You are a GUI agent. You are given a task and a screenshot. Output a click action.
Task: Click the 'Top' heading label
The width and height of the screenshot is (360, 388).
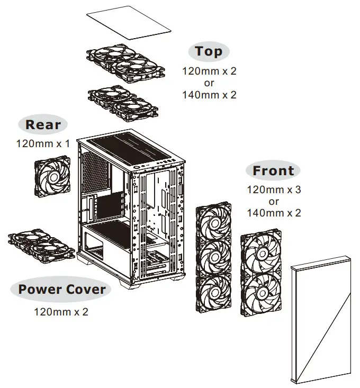[x=209, y=51]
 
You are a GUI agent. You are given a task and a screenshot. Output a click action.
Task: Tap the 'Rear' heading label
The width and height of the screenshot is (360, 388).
[x=43, y=125]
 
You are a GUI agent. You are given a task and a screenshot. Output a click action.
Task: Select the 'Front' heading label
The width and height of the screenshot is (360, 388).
[x=273, y=171]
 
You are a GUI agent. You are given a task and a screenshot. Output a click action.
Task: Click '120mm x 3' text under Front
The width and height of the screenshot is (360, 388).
[x=274, y=190]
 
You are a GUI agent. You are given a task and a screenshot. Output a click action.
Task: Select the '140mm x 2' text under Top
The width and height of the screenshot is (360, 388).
[x=209, y=95]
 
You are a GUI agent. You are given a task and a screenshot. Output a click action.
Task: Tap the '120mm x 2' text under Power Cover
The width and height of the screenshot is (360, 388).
[x=61, y=312]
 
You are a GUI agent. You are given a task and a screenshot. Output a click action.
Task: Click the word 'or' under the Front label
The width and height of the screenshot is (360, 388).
[x=274, y=201]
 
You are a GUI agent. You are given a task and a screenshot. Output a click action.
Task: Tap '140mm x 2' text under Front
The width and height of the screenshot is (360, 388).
[x=274, y=213]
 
